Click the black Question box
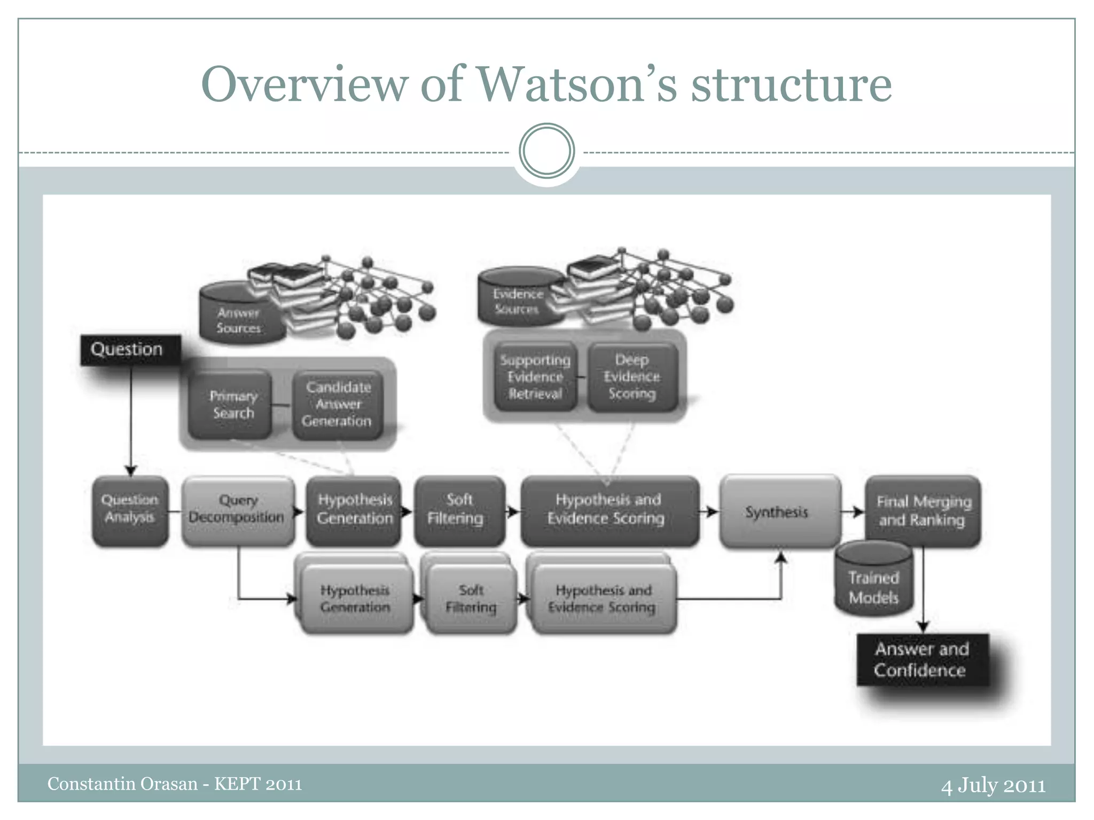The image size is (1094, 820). (130, 350)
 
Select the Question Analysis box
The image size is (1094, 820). (130, 510)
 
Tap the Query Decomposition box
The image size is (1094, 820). (238, 510)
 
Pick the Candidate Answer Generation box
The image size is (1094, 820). (338, 405)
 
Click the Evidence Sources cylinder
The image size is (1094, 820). (517, 299)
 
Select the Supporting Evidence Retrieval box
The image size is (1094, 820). (535, 377)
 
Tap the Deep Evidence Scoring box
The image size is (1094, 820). (632, 377)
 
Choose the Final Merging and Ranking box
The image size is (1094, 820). (923, 511)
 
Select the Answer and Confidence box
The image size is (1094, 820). (922, 660)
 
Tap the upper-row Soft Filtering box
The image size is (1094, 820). (458, 510)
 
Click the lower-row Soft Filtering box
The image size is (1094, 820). (471, 599)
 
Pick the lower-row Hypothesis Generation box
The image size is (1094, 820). (356, 599)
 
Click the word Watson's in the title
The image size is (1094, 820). (577, 84)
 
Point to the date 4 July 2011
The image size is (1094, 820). (993, 785)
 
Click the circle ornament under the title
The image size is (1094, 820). (546, 151)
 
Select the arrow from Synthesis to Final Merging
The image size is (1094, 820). (853, 512)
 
